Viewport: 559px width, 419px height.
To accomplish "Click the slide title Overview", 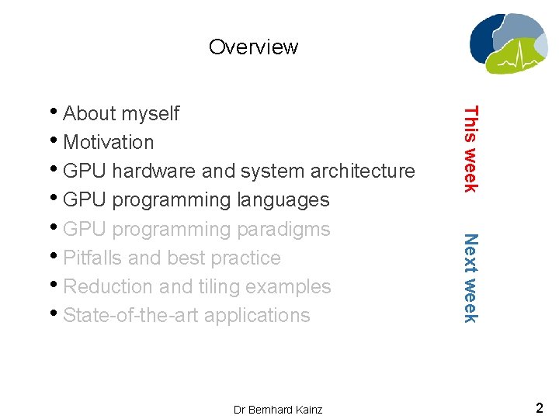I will (253, 47).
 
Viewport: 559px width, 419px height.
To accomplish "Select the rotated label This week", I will (470, 148).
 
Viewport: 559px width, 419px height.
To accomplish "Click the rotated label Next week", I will (470, 277).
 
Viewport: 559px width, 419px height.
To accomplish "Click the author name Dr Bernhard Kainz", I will (277, 409).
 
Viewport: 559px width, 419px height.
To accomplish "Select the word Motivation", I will (108, 142).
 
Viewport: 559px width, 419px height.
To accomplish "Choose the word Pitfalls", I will (91, 258).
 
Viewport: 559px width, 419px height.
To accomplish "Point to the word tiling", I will (219, 286).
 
